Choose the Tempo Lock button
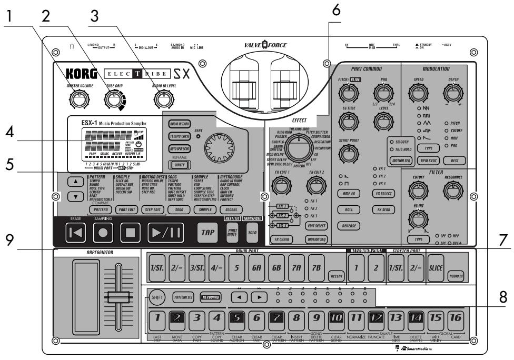(x=180, y=136)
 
